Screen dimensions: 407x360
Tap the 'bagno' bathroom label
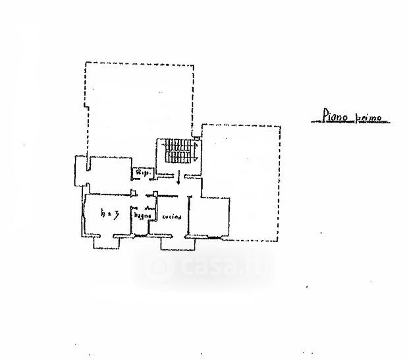143,216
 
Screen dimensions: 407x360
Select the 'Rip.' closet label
142,173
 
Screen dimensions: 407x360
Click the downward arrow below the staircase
178,178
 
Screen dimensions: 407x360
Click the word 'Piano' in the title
334,117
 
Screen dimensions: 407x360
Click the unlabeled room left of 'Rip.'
109,173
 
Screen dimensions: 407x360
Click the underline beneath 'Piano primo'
349,123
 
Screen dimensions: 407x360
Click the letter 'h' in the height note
103,214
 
